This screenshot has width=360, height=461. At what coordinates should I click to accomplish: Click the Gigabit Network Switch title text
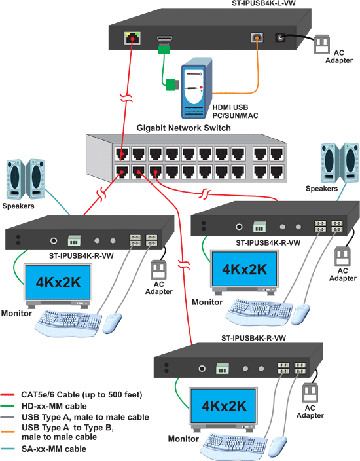coord(183,128)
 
